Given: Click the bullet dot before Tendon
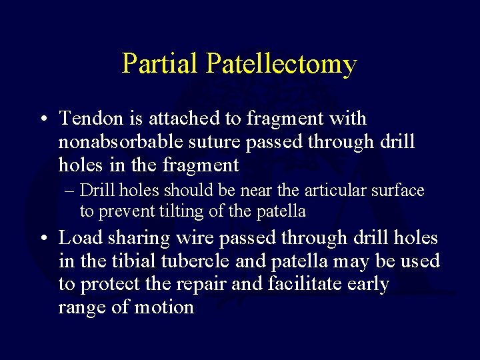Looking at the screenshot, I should [x=42, y=120].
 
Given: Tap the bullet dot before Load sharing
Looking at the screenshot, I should [x=42, y=239].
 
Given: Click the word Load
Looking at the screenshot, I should [x=81, y=237].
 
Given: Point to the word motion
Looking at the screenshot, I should [x=163, y=307].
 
